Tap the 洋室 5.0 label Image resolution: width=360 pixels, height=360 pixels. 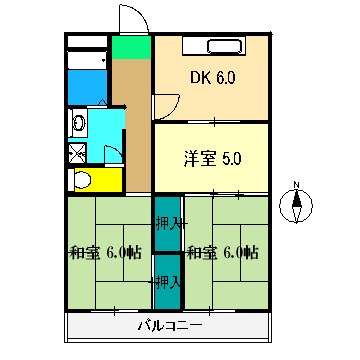pos(211,158)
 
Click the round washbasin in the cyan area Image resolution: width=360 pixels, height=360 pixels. pos(77,124)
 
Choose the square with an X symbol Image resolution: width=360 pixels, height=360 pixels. pos(76,153)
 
